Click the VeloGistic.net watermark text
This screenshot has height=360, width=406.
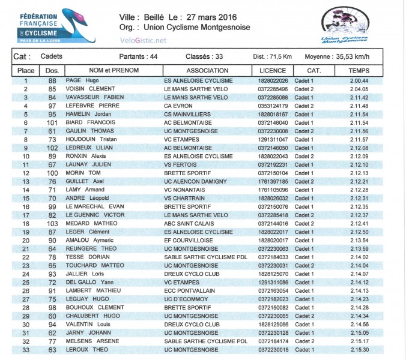(x=144, y=40)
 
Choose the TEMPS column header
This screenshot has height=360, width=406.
(x=359, y=70)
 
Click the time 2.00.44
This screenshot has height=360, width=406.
(x=359, y=80)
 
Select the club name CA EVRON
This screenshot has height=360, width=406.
(x=178, y=106)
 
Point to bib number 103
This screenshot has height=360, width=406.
(x=52, y=223)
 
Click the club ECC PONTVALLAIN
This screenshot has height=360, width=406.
(x=189, y=290)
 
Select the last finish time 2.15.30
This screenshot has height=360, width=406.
(x=359, y=349)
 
